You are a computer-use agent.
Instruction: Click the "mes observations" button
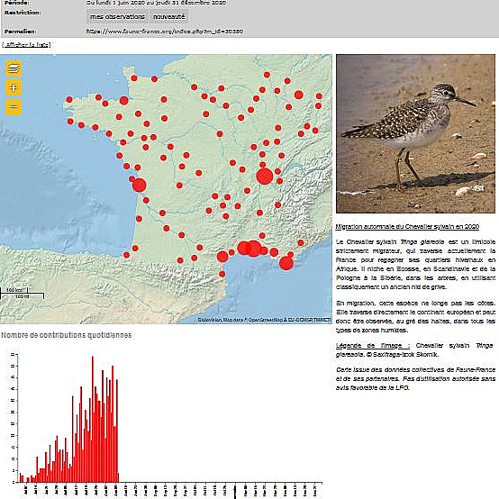117,16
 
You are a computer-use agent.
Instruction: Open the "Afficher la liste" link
26,44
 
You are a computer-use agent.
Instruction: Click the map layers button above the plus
13,68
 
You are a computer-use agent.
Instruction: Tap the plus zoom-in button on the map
13,87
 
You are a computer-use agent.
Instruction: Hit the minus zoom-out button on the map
13,106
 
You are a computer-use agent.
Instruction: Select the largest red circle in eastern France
264,175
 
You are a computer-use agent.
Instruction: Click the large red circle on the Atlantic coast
139,185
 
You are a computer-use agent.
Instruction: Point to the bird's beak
467,100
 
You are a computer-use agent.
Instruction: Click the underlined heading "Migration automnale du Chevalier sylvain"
407,227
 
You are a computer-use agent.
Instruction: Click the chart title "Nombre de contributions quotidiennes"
67,334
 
